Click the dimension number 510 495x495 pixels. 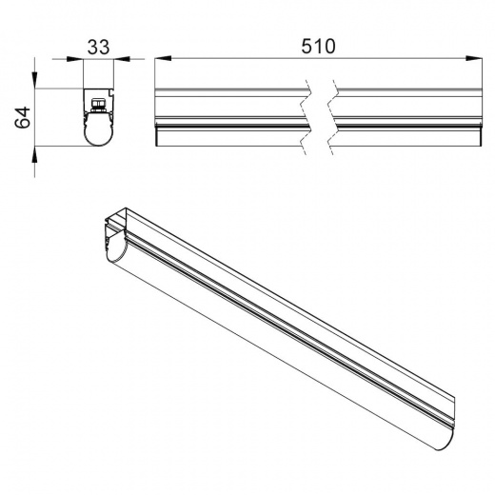point(318,47)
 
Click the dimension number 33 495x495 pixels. point(98,47)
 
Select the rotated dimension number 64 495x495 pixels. point(23,117)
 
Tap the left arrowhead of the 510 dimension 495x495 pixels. point(163,58)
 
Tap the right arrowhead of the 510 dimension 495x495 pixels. point(474,58)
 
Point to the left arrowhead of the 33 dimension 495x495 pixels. point(75,59)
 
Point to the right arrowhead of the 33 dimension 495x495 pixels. point(122,59)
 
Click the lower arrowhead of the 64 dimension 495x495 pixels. point(34,154)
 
